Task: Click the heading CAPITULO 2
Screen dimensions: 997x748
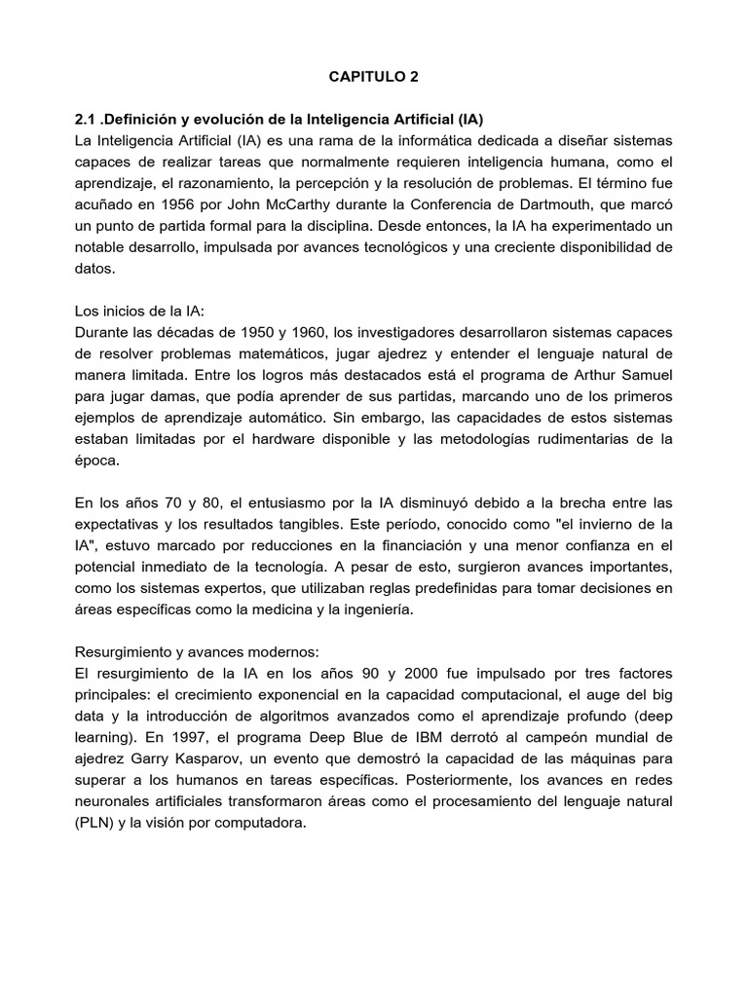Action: [374, 74]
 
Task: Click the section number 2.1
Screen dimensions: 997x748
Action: [86, 119]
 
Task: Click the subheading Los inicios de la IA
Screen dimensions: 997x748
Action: [140, 311]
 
